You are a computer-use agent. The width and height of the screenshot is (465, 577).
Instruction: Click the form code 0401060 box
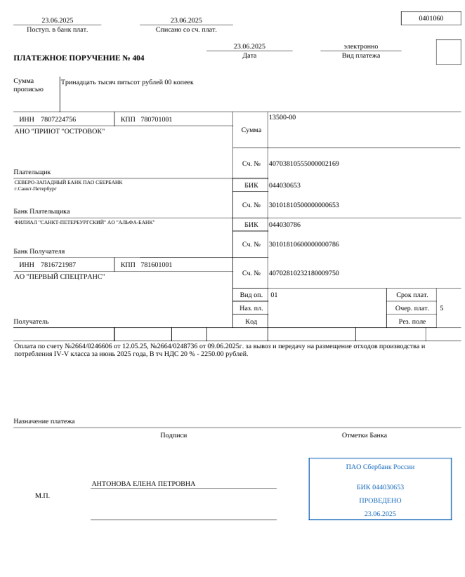click(431, 18)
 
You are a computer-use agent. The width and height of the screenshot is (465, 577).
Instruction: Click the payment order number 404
click(138, 58)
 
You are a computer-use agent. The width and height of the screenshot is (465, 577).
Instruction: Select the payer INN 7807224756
click(58, 119)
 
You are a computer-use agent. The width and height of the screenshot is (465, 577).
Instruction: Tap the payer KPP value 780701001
click(156, 119)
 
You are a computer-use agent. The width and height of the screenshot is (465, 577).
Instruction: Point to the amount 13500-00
click(282, 117)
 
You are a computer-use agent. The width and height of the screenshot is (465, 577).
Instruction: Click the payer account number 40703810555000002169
click(303, 164)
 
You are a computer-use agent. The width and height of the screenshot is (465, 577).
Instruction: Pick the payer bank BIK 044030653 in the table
click(284, 185)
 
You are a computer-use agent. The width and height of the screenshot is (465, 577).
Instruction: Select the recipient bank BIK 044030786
click(284, 225)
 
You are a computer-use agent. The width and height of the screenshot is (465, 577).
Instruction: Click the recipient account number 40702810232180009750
click(303, 273)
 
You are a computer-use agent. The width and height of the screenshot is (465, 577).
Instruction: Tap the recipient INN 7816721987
click(58, 265)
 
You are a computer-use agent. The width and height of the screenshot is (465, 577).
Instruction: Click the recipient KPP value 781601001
click(156, 265)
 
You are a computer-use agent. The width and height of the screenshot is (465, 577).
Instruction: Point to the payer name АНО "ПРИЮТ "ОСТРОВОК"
click(60, 131)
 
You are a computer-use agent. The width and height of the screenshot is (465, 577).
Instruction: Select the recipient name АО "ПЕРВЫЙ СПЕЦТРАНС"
click(60, 277)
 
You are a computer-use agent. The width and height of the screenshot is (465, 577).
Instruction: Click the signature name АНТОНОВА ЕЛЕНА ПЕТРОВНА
click(143, 484)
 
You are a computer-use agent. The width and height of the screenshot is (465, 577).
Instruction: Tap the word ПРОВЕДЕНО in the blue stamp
click(380, 500)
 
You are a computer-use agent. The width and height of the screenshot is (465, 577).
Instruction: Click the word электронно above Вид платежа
click(360, 46)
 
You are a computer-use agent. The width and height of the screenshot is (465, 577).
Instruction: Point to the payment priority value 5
click(441, 308)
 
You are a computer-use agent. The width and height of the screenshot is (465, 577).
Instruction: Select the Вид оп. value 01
click(274, 295)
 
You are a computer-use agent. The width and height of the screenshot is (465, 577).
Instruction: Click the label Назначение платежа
click(44, 421)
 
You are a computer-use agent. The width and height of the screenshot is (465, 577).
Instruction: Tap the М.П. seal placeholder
click(42, 496)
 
